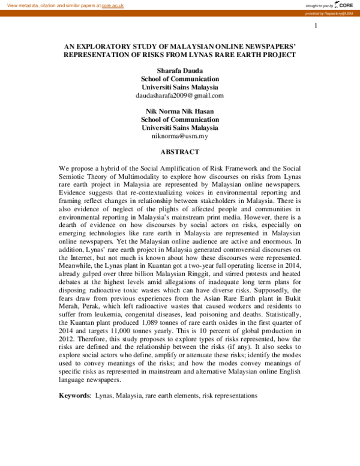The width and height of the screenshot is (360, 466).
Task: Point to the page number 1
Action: pos(315,26)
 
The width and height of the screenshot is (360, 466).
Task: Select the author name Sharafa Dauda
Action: pos(180,70)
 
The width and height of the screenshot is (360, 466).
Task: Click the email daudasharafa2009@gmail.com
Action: pos(180,95)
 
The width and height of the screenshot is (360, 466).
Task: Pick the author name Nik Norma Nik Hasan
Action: pos(180,111)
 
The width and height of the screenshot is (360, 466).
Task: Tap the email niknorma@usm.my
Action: pos(180,136)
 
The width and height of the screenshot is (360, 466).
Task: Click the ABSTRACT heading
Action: pos(180,152)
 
